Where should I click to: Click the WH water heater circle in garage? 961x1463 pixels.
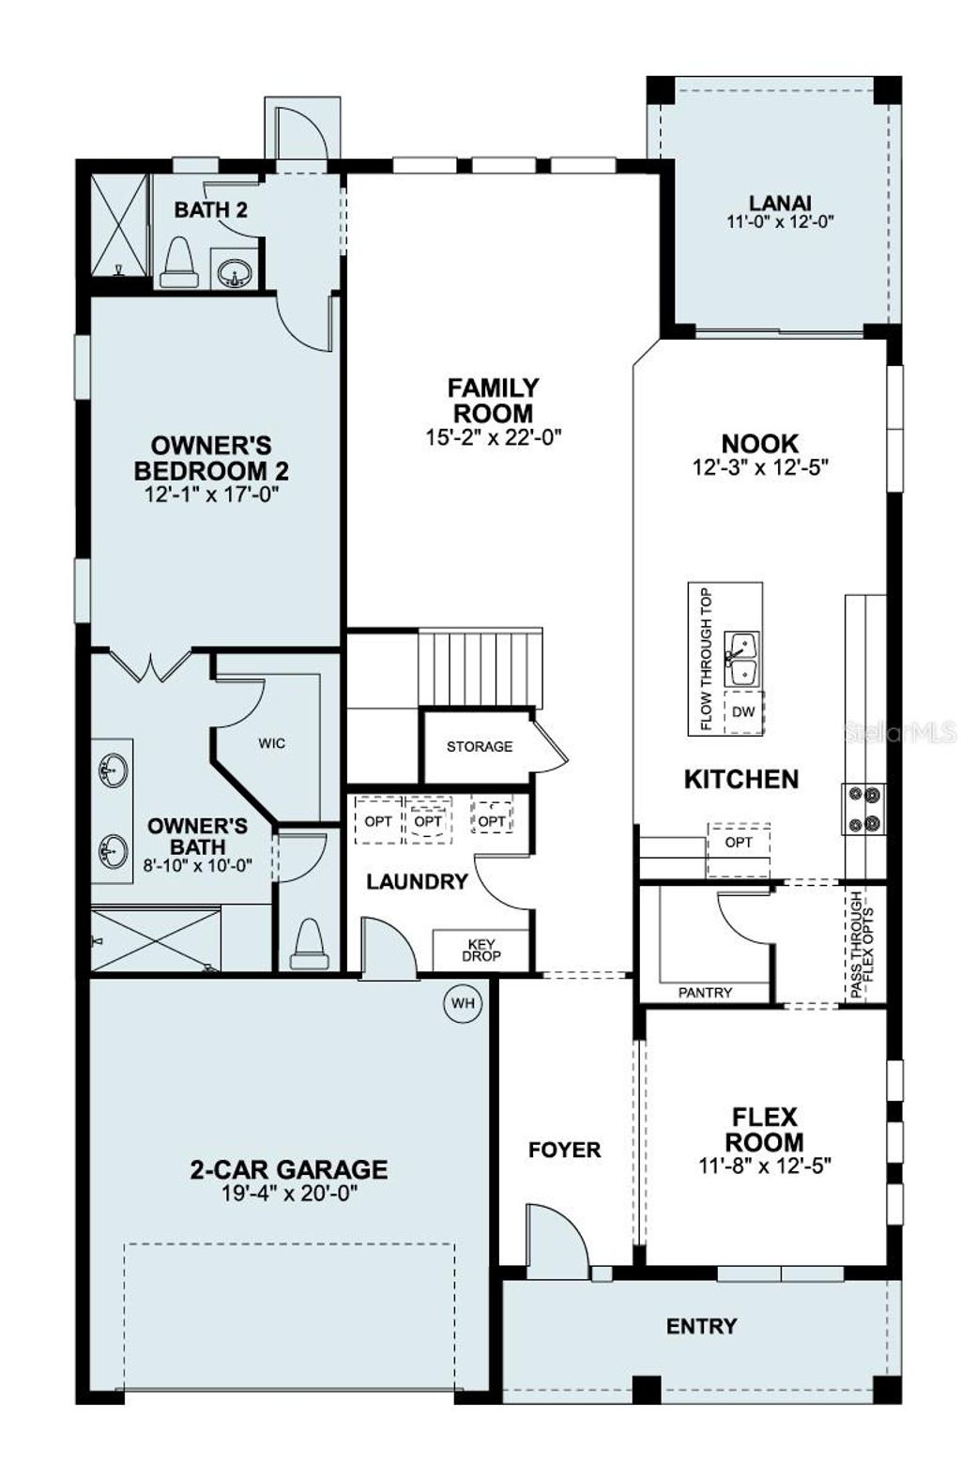[462, 1003]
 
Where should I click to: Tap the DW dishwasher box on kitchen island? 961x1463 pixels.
[743, 712]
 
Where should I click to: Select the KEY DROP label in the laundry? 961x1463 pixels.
[480, 950]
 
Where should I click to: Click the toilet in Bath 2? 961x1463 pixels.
[178, 262]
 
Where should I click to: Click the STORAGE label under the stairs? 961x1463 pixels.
[479, 747]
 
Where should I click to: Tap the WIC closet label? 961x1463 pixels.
[272, 743]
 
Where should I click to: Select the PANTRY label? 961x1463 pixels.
[705, 992]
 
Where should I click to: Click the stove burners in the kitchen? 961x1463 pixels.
[864, 809]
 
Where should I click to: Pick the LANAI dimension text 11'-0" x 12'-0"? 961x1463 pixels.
[780, 222]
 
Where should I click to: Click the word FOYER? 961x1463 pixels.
[564, 1150]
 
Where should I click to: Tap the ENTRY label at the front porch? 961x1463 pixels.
[701, 1326]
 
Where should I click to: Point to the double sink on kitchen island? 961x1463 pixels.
[741, 659]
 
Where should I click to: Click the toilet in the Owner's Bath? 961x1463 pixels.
[309, 943]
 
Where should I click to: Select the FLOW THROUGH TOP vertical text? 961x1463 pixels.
[707, 659]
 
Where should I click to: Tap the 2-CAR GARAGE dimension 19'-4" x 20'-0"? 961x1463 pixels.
[288, 1194]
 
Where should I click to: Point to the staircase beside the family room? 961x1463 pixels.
[480, 667]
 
